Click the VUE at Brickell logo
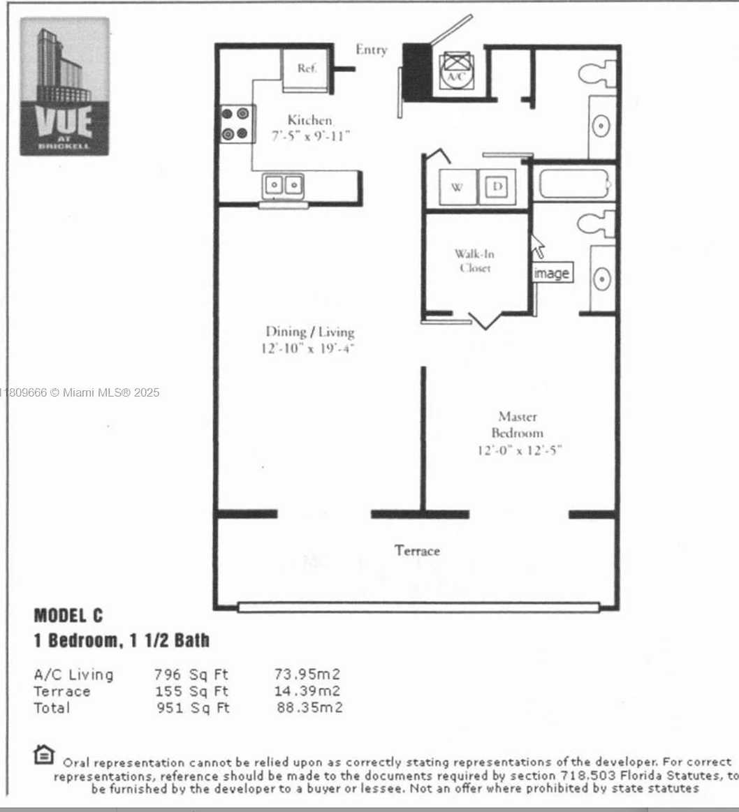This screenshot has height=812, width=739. click(65, 87)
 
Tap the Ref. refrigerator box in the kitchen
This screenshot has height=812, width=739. click(306, 71)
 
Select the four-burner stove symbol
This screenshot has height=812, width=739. click(236, 124)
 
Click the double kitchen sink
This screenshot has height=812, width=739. click(283, 186)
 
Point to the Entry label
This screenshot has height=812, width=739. click(372, 50)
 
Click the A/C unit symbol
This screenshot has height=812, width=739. click(455, 70)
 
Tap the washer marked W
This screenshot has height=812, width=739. click(458, 187)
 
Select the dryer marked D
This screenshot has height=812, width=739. click(497, 186)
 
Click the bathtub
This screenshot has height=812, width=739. click(573, 184)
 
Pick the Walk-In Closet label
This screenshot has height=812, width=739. click(475, 260)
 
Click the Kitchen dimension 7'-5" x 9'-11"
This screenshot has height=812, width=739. click(311, 136)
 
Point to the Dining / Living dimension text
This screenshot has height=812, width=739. click(308, 348)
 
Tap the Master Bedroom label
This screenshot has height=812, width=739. click(518, 424)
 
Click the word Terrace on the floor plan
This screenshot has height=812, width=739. click(417, 550)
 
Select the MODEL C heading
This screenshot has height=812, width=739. click(68, 616)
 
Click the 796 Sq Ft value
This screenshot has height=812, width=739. click(191, 674)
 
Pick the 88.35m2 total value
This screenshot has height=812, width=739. click(309, 707)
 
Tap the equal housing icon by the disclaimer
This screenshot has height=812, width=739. click(44, 755)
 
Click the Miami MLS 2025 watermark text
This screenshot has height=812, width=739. click(80, 392)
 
